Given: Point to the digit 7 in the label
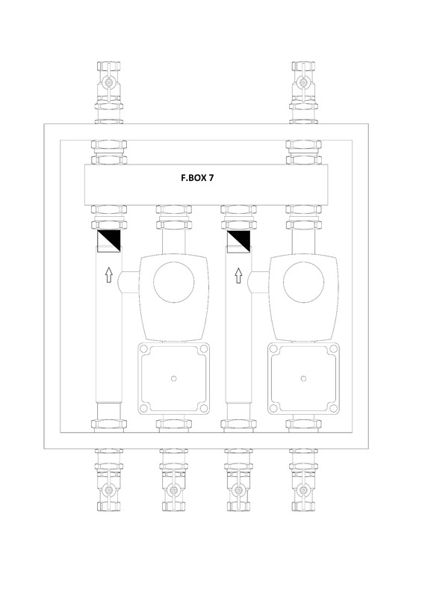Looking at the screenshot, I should pyautogui.click(x=211, y=179).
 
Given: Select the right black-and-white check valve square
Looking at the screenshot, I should pyautogui.click(x=239, y=241).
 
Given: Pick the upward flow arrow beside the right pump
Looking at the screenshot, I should pyautogui.click(x=239, y=276).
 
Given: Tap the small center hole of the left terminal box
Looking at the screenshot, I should pyautogui.click(x=173, y=378).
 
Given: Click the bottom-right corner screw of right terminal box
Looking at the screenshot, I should pyautogui.click(x=334, y=408).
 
